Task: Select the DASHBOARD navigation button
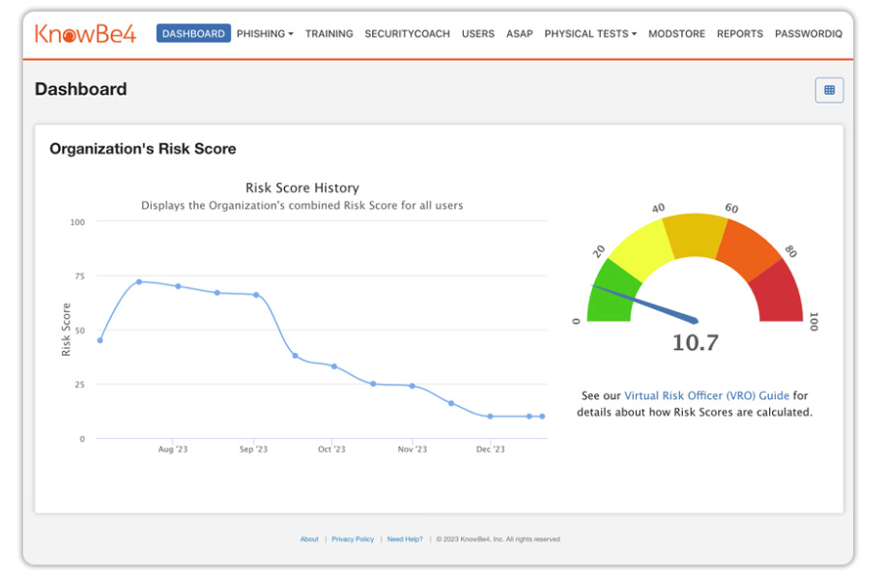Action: click(193, 34)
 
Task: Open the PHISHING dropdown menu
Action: click(265, 34)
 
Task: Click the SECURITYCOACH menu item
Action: click(407, 34)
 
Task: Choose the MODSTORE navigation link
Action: click(676, 34)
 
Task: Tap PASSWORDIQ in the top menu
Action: click(808, 34)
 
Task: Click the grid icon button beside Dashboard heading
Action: click(829, 90)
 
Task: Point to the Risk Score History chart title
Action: click(301, 188)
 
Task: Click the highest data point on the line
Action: click(139, 281)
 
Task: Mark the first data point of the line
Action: click(100, 340)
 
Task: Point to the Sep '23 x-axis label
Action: click(253, 450)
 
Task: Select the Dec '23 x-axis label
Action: click(491, 450)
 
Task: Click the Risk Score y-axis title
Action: click(67, 330)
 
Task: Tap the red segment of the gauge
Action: click(779, 296)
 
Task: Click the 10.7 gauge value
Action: click(695, 343)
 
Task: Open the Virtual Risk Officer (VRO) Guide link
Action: click(706, 395)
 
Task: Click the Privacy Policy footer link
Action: click(353, 539)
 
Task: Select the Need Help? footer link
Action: click(405, 539)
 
